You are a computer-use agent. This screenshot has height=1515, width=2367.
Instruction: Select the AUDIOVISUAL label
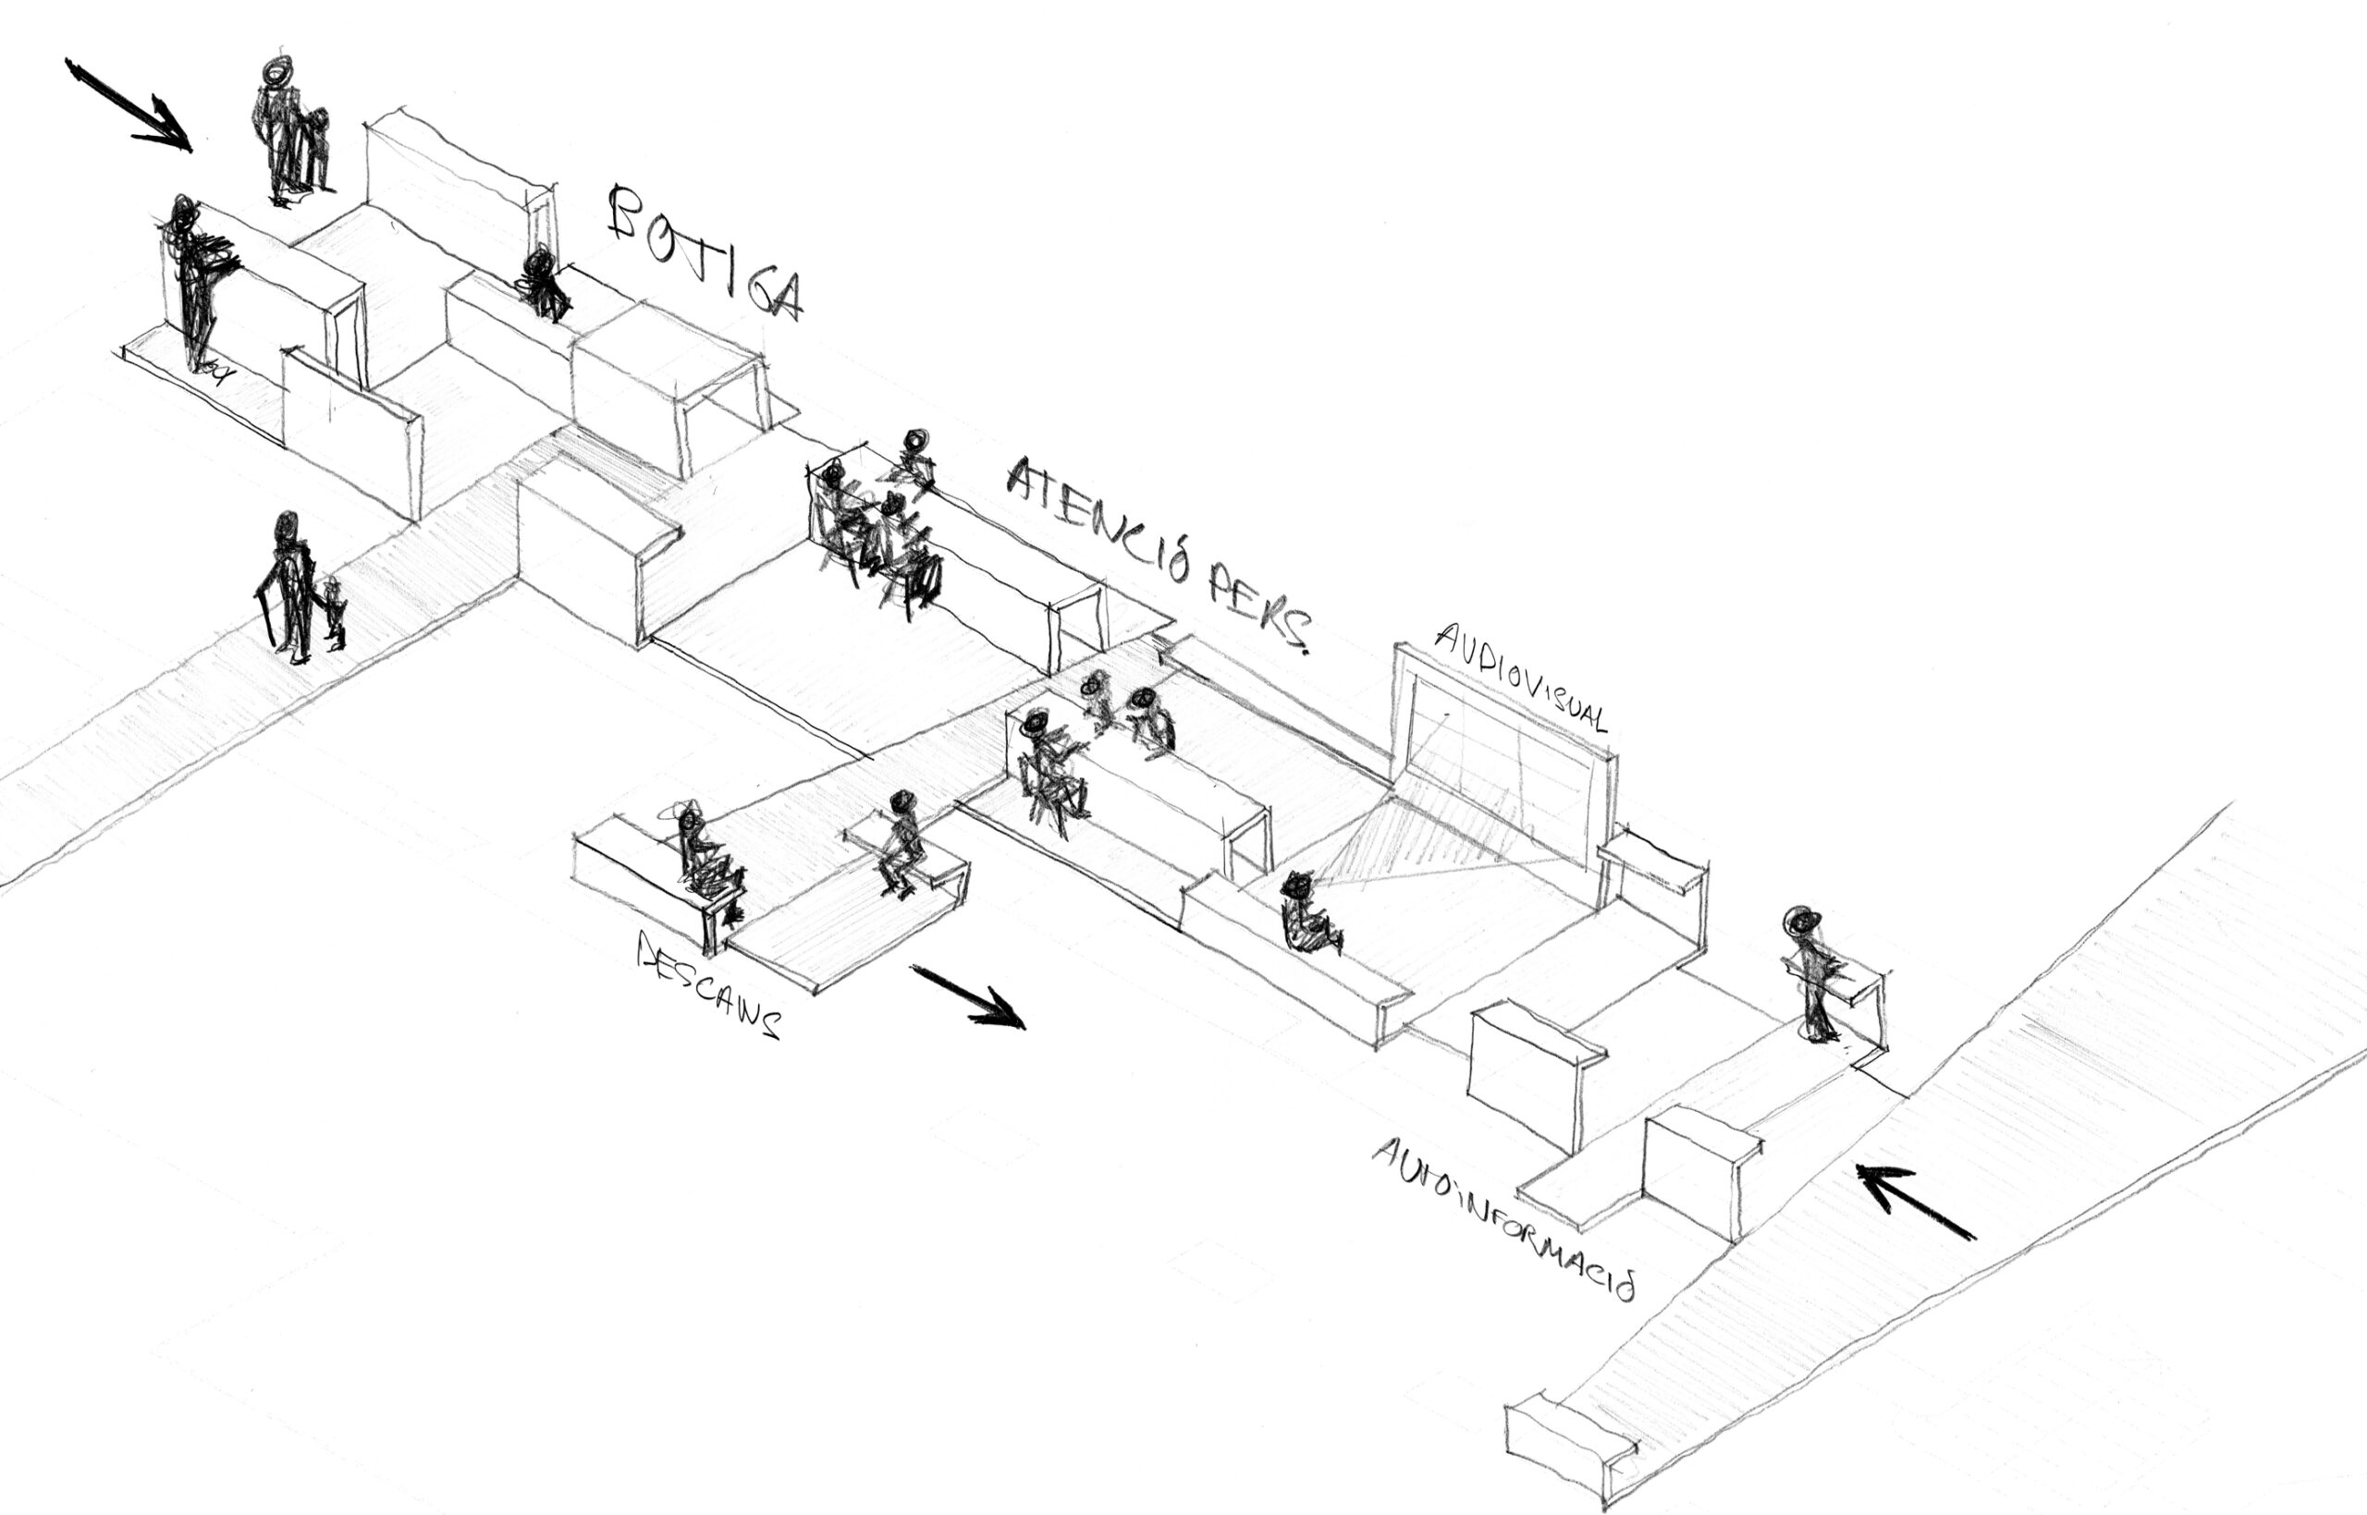(x=1520, y=678)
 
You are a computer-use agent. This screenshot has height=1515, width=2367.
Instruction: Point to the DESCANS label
(x=708, y=984)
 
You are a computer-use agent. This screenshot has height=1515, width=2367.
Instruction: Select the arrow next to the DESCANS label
(x=969, y=996)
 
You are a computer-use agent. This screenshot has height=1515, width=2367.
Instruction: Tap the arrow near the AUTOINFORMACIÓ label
(x=1913, y=1200)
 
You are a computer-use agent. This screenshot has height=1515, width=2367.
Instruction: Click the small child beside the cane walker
(x=336, y=615)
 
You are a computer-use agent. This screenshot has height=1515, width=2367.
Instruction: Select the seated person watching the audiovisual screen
(x=1304, y=915)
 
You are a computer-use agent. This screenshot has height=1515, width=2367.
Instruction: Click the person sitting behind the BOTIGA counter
(x=542, y=284)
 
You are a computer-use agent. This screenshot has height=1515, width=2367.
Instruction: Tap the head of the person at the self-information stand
(x=1799, y=921)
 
